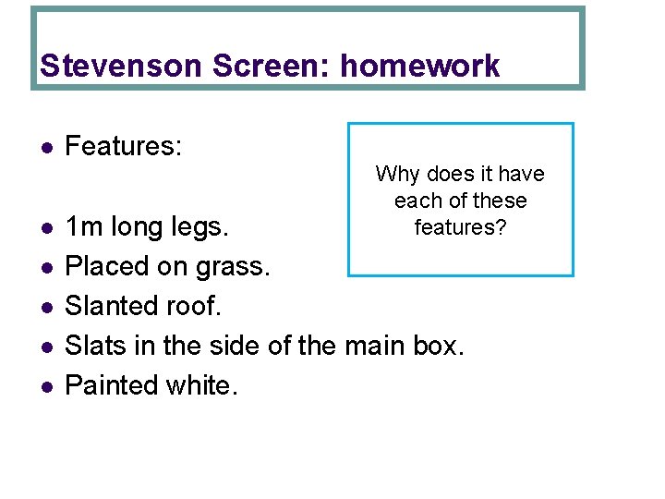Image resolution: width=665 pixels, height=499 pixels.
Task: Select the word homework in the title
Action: tap(420, 66)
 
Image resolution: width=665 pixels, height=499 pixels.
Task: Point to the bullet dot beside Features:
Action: tap(45, 147)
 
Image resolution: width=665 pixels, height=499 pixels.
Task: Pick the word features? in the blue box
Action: tap(460, 226)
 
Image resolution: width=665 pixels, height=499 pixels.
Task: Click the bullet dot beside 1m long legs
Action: tap(45, 227)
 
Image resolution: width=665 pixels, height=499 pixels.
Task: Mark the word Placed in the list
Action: tap(104, 266)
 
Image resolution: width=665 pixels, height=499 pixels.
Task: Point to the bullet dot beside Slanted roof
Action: tap(45, 307)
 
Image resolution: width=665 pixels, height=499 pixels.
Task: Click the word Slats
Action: tap(93, 346)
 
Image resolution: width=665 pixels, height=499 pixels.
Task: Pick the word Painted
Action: tap(108, 385)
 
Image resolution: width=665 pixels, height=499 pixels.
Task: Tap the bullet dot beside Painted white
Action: tap(45, 386)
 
